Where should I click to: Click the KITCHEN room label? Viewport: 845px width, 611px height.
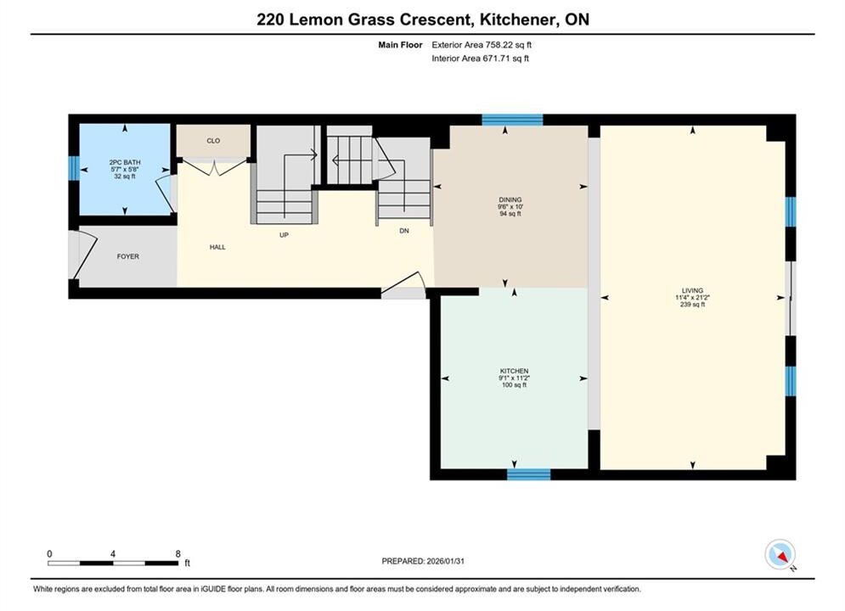[514, 371]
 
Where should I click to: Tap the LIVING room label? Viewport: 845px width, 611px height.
[692, 291]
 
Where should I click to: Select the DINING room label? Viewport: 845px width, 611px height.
[510, 199]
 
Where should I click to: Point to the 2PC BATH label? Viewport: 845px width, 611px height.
[125, 163]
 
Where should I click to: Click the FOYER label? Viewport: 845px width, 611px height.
[127, 257]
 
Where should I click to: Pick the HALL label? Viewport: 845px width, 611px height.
[217, 247]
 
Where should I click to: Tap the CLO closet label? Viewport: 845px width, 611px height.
[213, 141]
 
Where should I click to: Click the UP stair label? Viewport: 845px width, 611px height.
[284, 235]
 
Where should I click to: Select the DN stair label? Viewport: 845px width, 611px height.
[404, 231]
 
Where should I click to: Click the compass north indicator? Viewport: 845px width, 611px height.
[780, 554]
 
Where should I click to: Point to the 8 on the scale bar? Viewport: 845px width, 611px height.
[177, 553]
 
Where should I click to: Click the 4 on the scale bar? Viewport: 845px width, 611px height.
[113, 553]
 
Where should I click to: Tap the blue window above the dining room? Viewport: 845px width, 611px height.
[512, 120]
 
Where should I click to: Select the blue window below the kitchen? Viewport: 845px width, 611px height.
[529, 474]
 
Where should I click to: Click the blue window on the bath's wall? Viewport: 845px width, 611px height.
[74, 168]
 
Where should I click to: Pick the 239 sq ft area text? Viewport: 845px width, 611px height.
[692, 305]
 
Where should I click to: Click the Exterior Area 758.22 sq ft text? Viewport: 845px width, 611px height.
[482, 45]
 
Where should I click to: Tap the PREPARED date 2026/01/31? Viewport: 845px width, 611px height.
[445, 561]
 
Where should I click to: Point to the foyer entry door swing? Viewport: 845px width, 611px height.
[85, 255]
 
